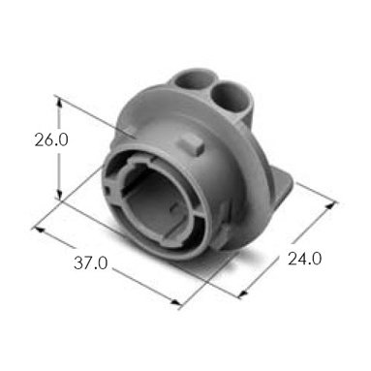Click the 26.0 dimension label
(51, 140)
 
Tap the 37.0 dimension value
(90, 263)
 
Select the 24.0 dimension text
(304, 259)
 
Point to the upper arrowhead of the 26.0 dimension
(59, 102)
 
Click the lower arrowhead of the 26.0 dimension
(59, 195)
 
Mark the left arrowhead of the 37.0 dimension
(39, 230)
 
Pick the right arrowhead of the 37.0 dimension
(175, 302)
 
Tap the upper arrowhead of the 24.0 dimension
(330, 205)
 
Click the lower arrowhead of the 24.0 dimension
(243, 294)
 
